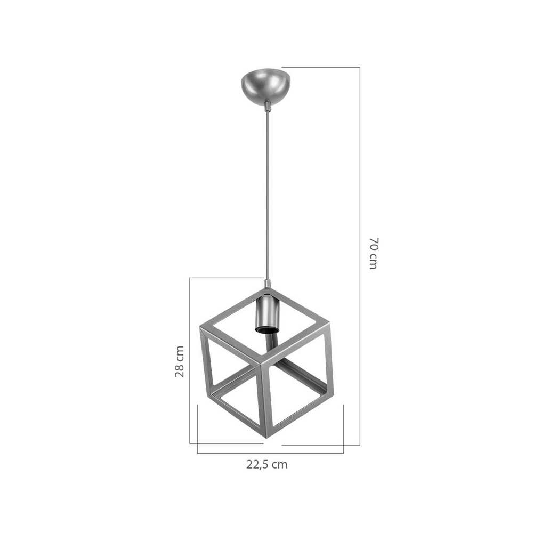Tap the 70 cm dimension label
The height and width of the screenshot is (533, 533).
coord(373,253)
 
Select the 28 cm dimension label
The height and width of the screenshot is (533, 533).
coord(180,361)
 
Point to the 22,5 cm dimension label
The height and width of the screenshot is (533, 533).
coord(267,464)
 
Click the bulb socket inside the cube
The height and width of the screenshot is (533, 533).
coord(267,314)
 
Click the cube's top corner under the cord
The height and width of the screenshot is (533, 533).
coord(267,289)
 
